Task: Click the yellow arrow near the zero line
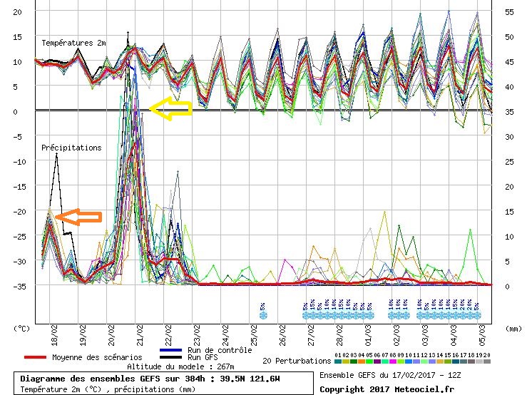[170, 108]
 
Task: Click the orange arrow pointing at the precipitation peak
[78, 216]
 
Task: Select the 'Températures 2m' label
[73, 43]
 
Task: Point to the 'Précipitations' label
[71, 148]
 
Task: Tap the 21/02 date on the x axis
[140, 331]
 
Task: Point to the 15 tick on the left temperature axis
[19, 37]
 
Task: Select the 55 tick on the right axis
[508, 12]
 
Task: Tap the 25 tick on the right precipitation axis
[508, 161]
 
